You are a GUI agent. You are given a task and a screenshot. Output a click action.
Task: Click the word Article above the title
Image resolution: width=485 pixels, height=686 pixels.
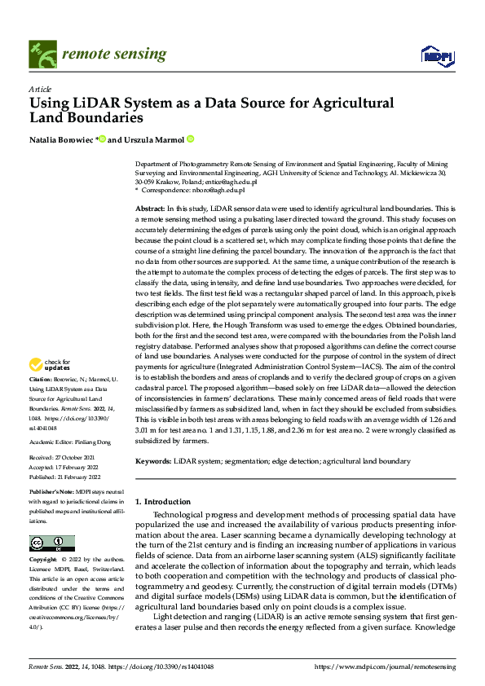(39, 88)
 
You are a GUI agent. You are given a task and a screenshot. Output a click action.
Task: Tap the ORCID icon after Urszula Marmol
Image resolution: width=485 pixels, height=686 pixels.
(190, 140)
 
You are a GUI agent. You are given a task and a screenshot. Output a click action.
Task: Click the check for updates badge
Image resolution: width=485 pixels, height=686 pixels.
(50, 363)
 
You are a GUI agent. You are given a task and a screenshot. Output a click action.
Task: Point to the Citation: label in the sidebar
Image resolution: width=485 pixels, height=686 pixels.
(41, 380)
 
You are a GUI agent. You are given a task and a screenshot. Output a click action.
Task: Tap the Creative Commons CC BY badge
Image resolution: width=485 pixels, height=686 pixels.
(51, 543)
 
